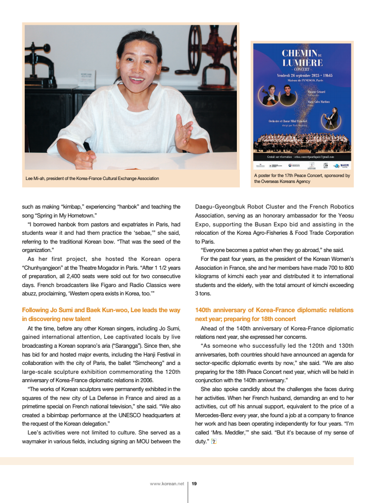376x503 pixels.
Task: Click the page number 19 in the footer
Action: point(194,484)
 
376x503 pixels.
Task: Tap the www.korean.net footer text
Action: point(167,484)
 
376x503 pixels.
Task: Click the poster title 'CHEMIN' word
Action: point(300,53)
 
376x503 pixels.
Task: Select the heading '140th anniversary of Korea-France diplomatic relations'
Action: point(274,310)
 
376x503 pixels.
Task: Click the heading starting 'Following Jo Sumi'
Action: point(101,310)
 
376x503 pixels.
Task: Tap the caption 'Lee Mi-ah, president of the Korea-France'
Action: point(92,178)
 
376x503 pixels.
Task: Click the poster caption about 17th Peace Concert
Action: point(302,179)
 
